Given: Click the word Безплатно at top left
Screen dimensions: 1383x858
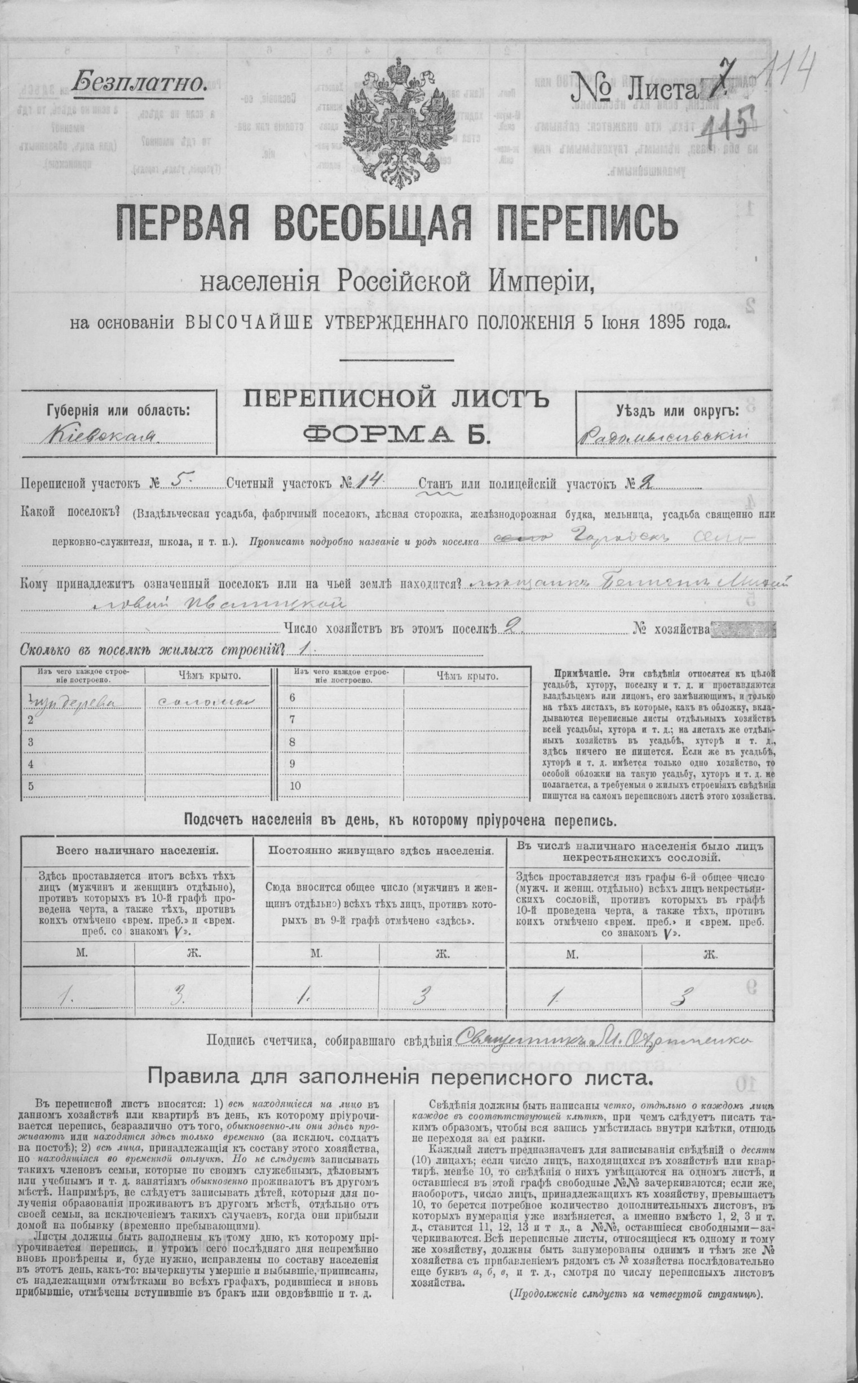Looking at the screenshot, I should pyautogui.click(x=139, y=84).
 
